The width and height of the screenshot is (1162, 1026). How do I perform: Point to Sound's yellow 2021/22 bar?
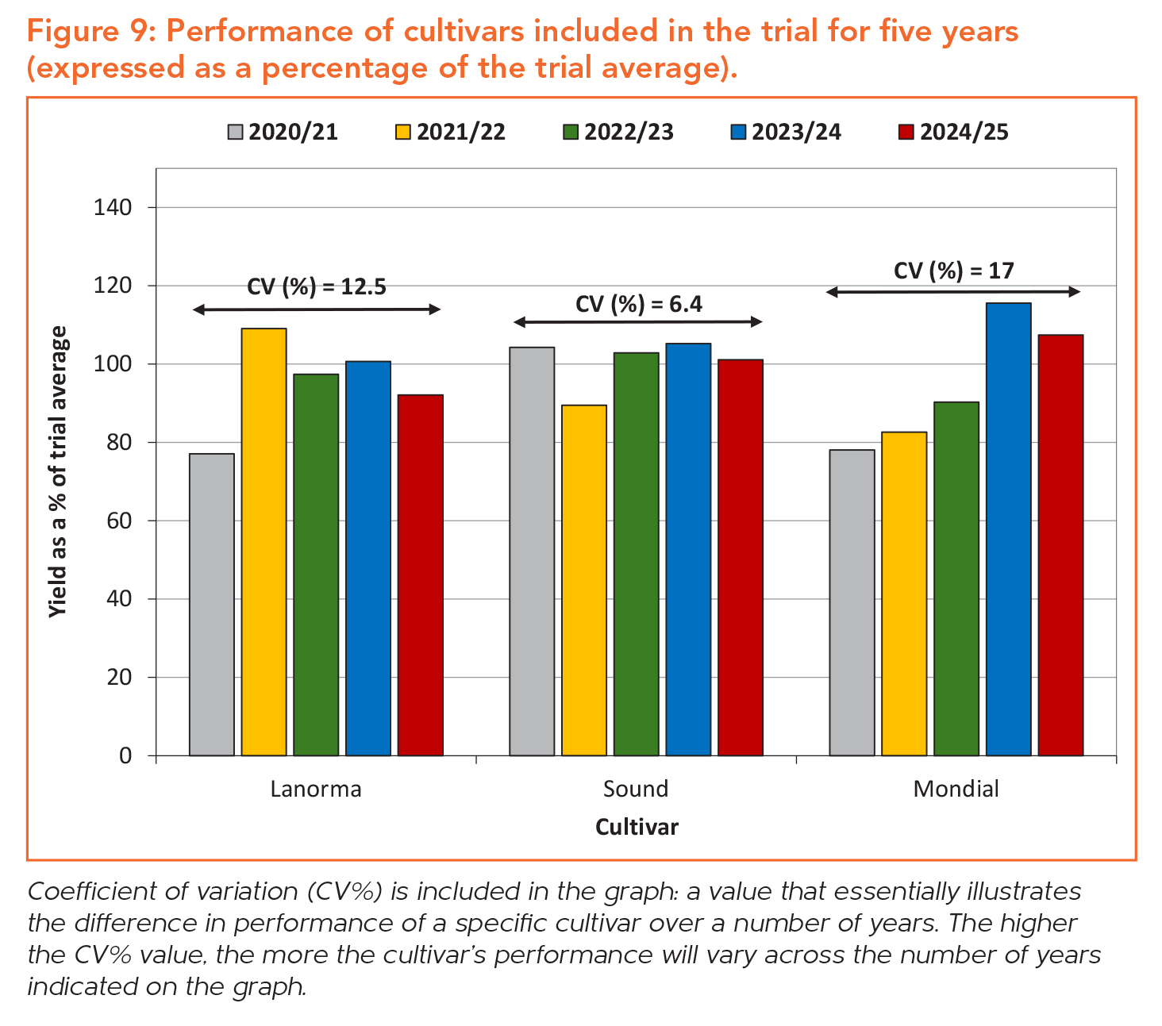tap(583, 580)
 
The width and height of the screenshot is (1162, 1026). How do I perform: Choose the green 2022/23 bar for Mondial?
tap(956, 578)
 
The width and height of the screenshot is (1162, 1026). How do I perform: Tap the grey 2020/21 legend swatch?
tap(234, 132)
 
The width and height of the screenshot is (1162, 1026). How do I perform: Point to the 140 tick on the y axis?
tap(113, 208)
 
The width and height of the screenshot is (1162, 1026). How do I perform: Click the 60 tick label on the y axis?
tap(119, 521)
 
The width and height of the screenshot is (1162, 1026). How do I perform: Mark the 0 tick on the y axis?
tap(125, 755)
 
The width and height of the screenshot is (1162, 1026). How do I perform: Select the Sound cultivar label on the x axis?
tap(636, 789)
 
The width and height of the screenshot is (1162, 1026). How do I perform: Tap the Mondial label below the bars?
tap(956, 789)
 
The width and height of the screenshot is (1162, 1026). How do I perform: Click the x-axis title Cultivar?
tap(637, 827)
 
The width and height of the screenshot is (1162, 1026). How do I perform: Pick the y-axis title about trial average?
tap(59, 472)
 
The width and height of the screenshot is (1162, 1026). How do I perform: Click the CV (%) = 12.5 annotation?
tap(316, 286)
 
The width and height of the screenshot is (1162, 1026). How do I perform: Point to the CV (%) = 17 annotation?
tap(953, 271)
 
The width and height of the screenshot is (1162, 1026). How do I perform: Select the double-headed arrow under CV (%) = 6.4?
tap(637, 321)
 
